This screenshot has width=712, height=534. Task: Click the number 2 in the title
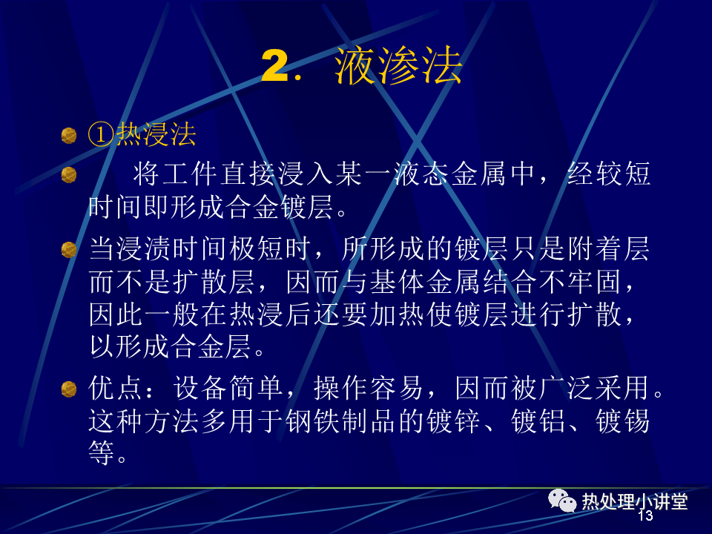pos(275,66)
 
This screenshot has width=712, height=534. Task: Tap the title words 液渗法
pos(398,66)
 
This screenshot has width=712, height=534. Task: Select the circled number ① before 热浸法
pos(101,135)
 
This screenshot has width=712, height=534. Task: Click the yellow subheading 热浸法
pos(156,135)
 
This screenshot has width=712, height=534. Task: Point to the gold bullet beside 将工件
pos(69,175)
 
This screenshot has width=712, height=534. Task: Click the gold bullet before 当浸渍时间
pos(69,250)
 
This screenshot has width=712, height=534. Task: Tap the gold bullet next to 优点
pos(69,389)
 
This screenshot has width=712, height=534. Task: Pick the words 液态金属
pos(449,174)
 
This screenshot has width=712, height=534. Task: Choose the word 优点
pos(116,388)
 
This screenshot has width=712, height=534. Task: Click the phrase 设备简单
pos(228,388)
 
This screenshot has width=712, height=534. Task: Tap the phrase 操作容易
pos(369,388)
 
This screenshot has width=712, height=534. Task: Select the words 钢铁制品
pos(341,421)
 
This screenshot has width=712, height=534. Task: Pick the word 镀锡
pos(622,421)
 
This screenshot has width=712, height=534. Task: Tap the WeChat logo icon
pos(562,501)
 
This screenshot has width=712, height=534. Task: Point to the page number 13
pos(645,515)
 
